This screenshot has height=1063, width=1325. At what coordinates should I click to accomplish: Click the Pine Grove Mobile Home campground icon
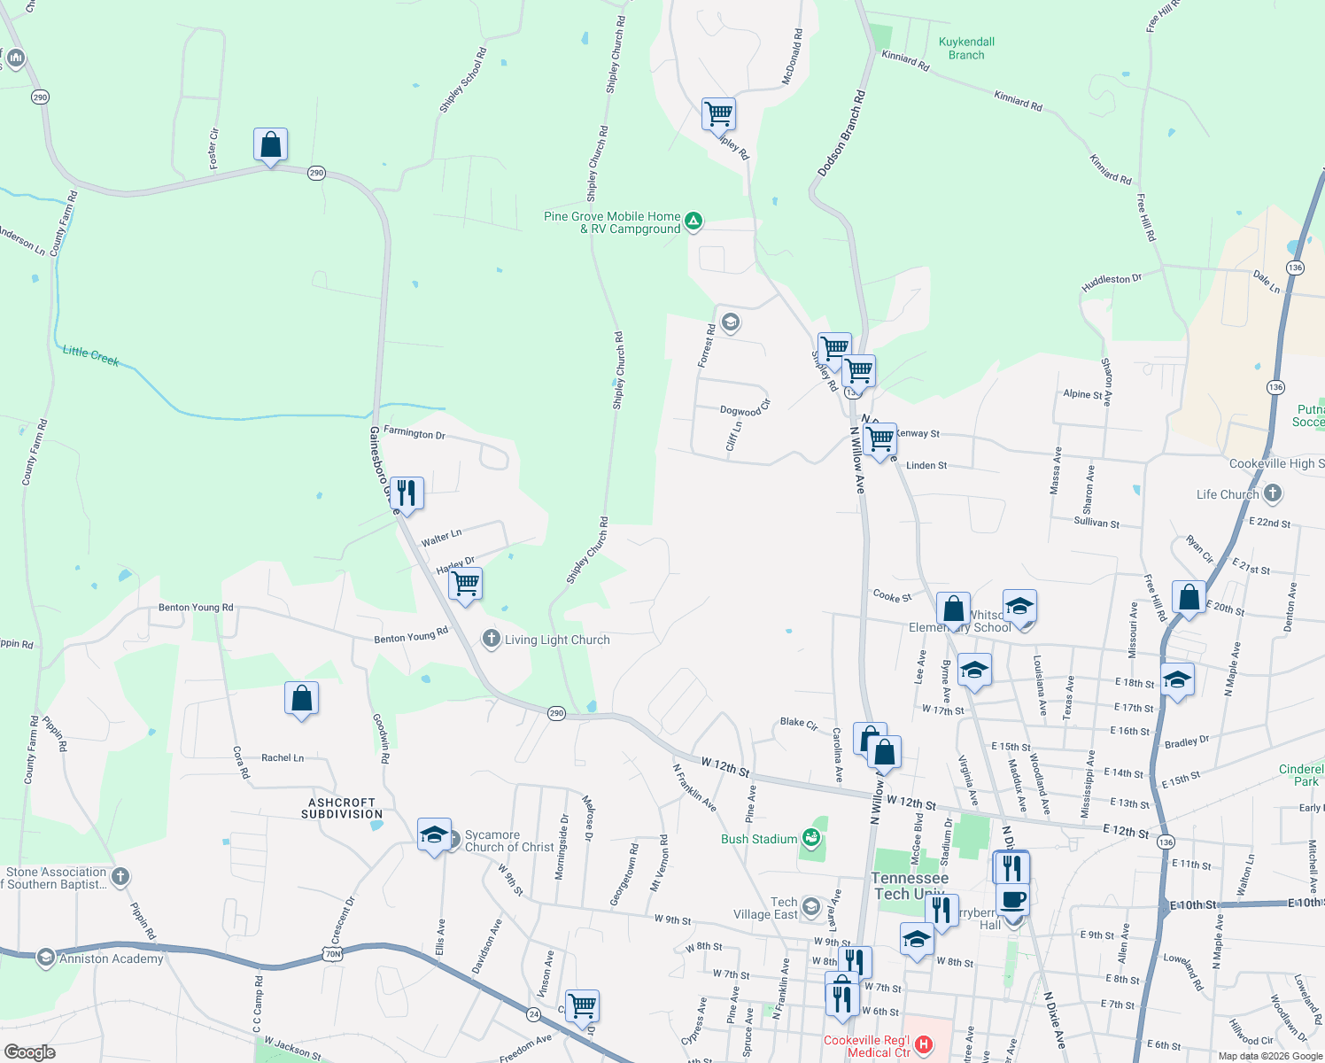tap(693, 221)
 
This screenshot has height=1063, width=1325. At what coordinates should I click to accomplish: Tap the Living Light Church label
tap(557, 640)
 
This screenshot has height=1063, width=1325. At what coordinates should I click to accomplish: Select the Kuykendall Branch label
tap(966, 49)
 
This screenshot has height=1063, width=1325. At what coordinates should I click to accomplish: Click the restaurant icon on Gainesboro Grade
tap(407, 493)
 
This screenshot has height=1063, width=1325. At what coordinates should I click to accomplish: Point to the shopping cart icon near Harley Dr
tap(465, 584)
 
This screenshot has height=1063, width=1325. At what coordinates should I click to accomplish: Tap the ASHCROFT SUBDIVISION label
tap(342, 808)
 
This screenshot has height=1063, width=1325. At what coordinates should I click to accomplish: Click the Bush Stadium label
tap(759, 839)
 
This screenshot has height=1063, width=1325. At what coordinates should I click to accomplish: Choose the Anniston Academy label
tap(112, 958)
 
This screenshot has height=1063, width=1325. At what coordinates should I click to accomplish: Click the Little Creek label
tap(90, 355)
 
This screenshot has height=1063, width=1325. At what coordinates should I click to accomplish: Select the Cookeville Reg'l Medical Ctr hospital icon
tap(924, 1045)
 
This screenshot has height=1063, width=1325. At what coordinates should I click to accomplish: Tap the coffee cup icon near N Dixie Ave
tap(1012, 900)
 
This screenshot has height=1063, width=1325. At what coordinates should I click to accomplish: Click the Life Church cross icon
tap(1273, 493)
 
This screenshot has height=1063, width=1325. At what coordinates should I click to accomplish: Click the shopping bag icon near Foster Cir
tap(270, 144)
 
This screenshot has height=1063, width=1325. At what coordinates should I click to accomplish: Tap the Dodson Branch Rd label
tap(841, 133)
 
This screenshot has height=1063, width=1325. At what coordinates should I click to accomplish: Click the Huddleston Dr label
tap(1112, 283)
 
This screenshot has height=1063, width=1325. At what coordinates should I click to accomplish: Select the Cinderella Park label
tap(1301, 775)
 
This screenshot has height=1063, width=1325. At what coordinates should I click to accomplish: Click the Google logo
tap(29, 1051)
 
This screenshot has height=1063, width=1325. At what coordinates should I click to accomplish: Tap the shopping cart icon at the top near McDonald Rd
tap(718, 113)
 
